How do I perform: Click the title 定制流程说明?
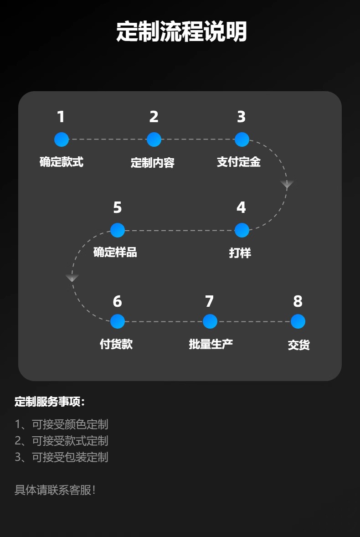click(x=181, y=32)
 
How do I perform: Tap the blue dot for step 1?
click(x=62, y=139)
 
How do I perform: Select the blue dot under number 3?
click(x=242, y=139)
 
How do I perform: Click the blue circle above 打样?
click(x=242, y=230)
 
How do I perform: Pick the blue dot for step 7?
click(x=210, y=321)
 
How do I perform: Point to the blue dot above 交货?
click(x=298, y=321)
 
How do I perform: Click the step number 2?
click(x=154, y=117)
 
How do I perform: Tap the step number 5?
click(x=117, y=208)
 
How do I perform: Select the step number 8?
click(x=298, y=301)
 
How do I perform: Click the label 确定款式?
click(x=62, y=162)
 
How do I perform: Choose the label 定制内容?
click(x=153, y=163)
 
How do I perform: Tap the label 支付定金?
click(x=239, y=162)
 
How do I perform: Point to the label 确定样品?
click(x=115, y=252)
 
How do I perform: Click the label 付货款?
click(x=116, y=344)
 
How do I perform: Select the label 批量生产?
click(x=211, y=344)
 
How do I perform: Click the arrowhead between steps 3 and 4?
click(x=287, y=184)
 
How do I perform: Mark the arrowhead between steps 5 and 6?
click(x=72, y=278)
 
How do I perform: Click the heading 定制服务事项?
click(x=50, y=402)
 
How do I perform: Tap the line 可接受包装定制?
click(x=62, y=457)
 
